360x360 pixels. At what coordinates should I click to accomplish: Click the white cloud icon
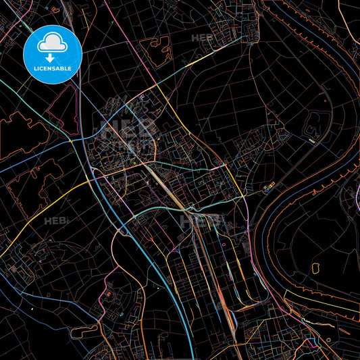tap(53, 43)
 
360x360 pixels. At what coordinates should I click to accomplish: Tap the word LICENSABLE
tap(53, 69)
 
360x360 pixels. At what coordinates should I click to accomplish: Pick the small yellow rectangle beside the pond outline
tap(311, 140)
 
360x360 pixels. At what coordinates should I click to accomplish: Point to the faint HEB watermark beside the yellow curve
tap(53, 221)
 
